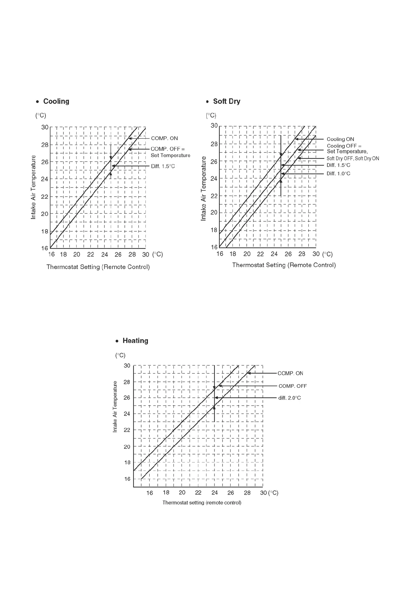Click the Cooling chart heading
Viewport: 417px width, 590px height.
point(56,101)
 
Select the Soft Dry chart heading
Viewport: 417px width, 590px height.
point(226,101)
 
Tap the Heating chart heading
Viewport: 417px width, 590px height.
point(135,341)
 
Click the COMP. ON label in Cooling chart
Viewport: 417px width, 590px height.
point(164,138)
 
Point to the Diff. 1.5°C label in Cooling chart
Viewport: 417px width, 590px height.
point(163,166)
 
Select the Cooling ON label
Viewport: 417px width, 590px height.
point(340,139)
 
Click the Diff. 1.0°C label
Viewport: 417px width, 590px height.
point(338,173)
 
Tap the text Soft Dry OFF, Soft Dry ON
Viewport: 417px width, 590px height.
point(353,158)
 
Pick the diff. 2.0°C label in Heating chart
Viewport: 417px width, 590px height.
point(289,398)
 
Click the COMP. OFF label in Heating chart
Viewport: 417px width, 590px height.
point(293,386)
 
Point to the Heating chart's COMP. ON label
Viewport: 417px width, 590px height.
point(290,373)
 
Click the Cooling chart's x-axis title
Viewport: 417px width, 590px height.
point(98,267)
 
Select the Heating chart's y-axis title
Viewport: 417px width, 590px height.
point(115,407)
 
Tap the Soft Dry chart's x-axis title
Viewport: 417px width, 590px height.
point(284,265)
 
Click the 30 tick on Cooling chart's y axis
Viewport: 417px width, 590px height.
point(45,127)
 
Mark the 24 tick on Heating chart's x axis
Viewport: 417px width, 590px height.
point(214,493)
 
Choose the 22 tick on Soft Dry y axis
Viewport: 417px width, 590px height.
point(214,196)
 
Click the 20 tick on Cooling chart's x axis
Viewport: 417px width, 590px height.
point(77,254)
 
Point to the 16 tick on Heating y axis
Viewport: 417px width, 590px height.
point(127,479)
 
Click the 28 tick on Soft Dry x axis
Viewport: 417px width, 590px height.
point(302,254)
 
